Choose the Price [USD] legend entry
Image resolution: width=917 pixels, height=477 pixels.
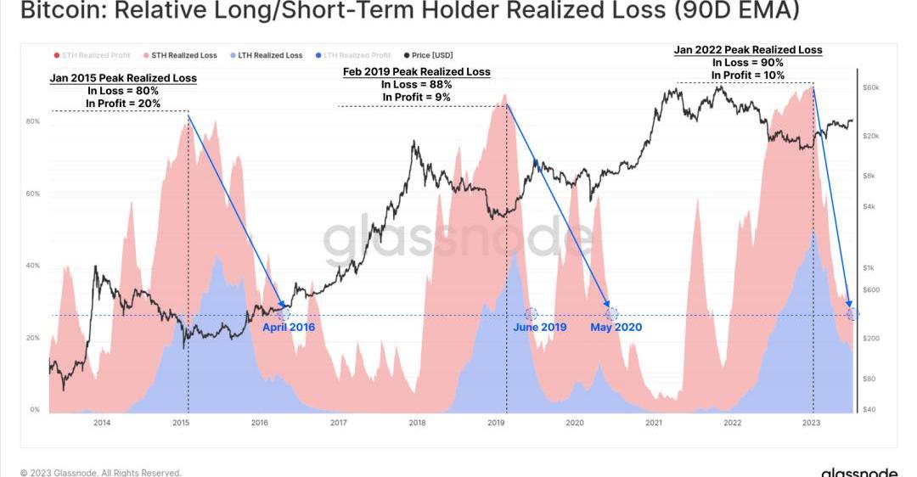click(x=429, y=55)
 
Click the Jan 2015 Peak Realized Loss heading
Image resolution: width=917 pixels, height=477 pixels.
click(x=123, y=78)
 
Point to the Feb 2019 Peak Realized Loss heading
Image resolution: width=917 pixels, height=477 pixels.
click(x=416, y=72)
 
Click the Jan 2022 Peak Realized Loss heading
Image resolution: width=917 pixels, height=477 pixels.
click(x=748, y=50)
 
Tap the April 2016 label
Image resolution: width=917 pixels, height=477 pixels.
click(x=288, y=327)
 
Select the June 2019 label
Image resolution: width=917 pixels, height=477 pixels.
click(x=539, y=327)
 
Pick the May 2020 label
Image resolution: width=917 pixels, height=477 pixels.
click(x=616, y=327)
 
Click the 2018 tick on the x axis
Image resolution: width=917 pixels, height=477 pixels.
click(x=417, y=422)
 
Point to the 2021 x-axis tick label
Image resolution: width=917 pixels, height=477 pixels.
click(x=654, y=422)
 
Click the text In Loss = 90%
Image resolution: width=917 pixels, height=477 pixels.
click(x=747, y=63)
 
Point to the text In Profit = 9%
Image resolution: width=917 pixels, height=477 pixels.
click(x=416, y=97)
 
